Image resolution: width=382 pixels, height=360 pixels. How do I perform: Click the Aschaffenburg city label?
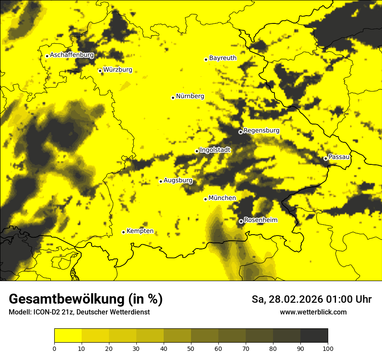click(72, 55)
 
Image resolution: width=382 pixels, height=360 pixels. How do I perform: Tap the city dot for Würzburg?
click(100, 71)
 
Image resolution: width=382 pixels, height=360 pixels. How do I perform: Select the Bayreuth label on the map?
click(223, 58)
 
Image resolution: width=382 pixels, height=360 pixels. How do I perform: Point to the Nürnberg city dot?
click(173, 98)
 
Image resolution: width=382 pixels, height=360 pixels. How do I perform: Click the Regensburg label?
click(261, 130)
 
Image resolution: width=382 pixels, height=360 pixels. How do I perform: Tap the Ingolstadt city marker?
click(197, 151)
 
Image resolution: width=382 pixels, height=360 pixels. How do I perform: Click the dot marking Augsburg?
click(161, 181)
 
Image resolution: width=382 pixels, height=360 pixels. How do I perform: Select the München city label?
click(222, 198)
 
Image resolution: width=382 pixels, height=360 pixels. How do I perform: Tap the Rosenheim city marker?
click(241, 221)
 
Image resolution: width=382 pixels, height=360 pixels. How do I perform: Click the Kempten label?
click(140, 231)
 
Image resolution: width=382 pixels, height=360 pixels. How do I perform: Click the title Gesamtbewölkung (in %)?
click(86, 299)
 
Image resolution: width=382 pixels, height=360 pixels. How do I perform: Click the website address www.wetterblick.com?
click(313, 312)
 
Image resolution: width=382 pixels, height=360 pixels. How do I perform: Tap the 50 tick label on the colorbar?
click(191, 348)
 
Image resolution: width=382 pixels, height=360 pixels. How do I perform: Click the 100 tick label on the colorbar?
click(327, 348)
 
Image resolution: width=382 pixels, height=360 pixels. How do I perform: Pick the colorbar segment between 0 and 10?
click(68, 336)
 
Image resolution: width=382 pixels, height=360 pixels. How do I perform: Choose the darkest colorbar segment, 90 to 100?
click(314, 336)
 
